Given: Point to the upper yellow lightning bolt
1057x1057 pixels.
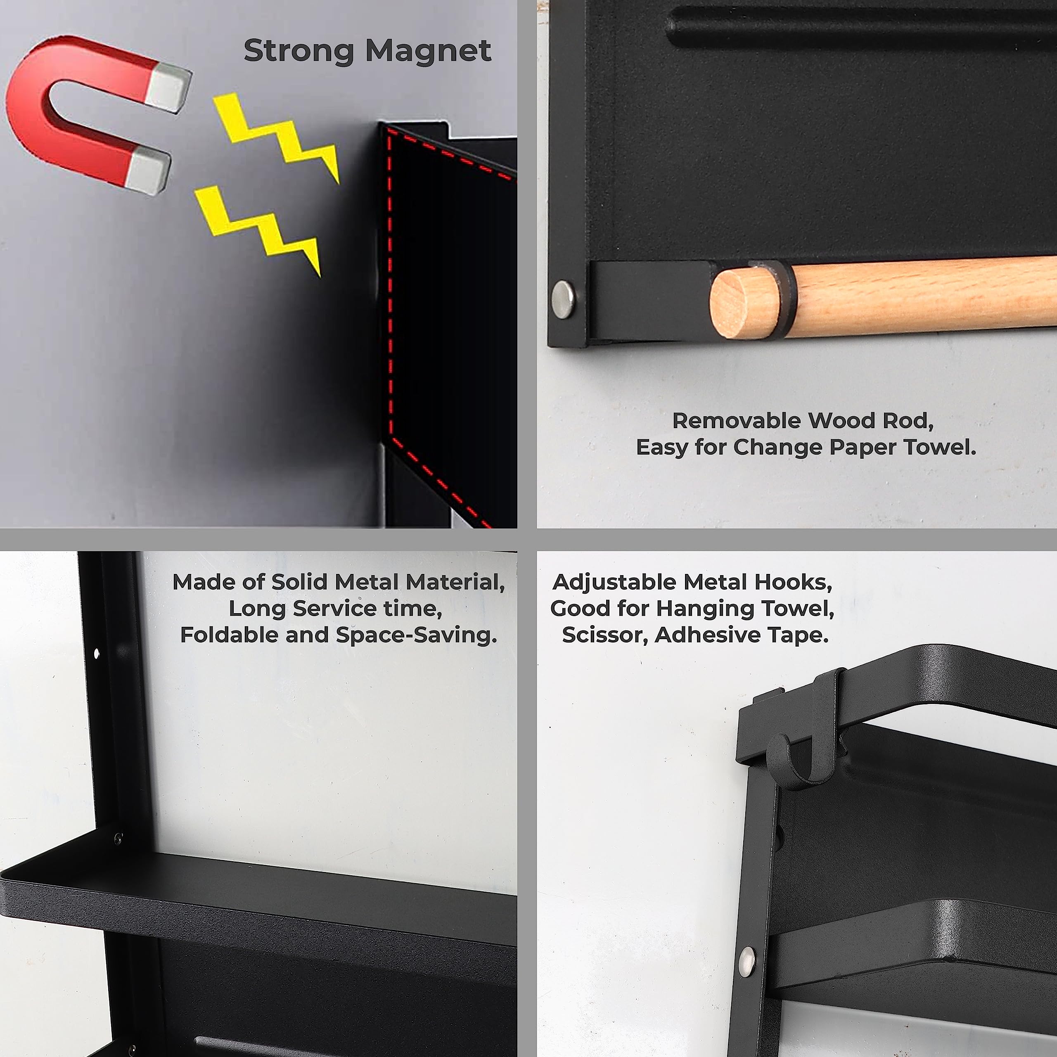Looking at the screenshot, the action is (x=276, y=137).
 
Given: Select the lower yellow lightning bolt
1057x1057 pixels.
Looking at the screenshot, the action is (x=257, y=230).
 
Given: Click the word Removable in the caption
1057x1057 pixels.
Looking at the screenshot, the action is (x=737, y=421).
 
